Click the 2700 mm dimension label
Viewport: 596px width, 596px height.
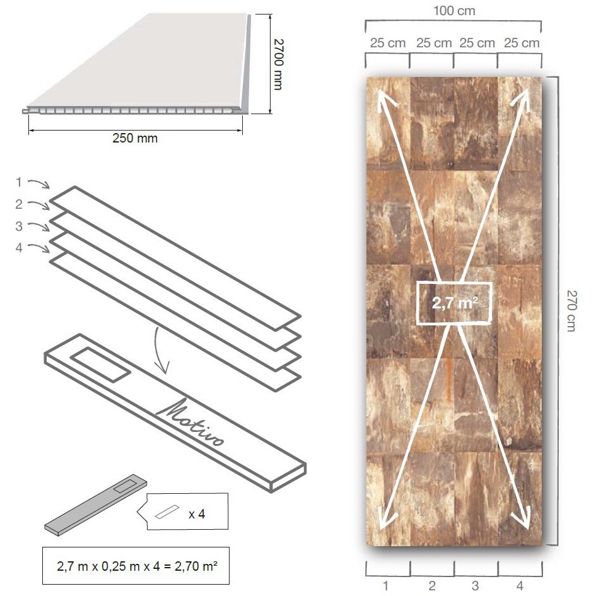(278, 64)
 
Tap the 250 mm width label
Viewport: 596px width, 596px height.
(135, 138)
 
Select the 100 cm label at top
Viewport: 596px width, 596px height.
(454, 11)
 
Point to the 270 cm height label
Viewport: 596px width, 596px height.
(571, 311)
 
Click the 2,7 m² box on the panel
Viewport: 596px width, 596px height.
(454, 303)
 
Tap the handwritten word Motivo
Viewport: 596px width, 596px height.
(190, 422)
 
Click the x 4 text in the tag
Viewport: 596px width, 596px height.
(197, 514)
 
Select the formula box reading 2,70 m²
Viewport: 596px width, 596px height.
(136, 566)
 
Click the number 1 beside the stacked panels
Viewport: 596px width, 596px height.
(19, 182)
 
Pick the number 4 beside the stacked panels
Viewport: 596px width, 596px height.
(19, 248)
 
